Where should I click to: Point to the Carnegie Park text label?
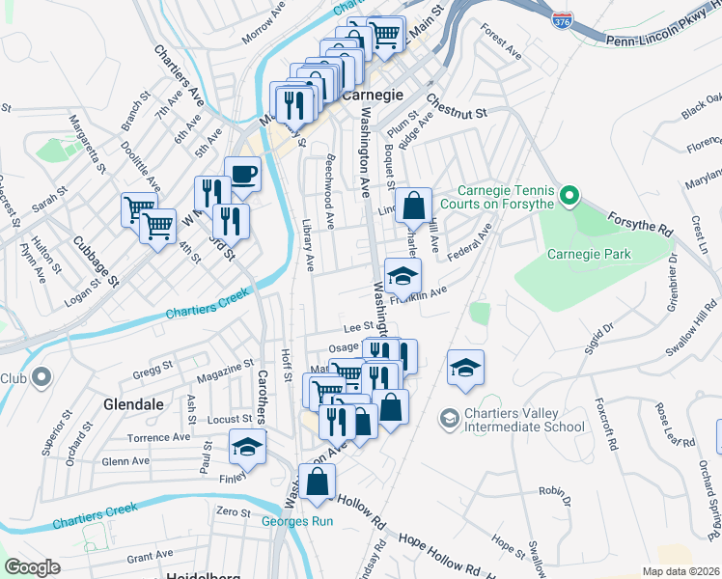[589, 255]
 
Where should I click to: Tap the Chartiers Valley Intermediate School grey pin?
[449, 418]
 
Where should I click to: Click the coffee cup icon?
[243, 175]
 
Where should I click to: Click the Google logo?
[33, 567]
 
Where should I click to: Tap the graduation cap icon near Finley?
[247, 448]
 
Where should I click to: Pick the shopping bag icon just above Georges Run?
[317, 482]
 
